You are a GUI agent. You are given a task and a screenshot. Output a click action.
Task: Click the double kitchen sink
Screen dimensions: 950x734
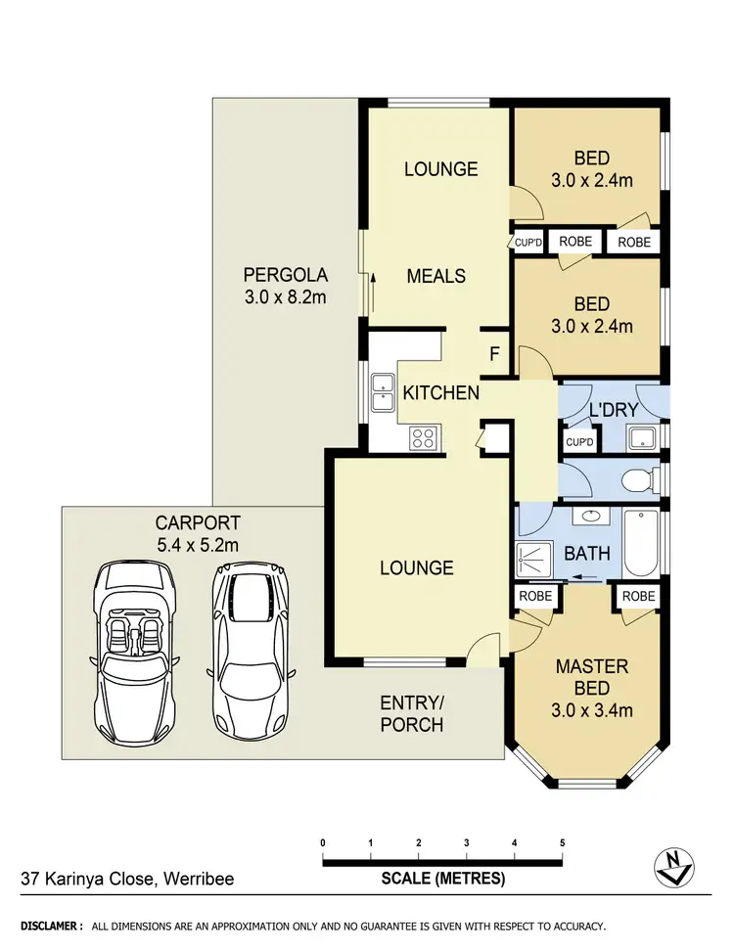[381, 396]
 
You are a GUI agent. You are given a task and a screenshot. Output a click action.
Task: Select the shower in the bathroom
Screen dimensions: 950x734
[535, 553]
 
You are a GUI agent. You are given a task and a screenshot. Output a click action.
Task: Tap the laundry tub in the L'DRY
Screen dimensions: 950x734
[643, 437]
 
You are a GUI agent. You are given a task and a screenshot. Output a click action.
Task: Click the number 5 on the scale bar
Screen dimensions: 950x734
[563, 842]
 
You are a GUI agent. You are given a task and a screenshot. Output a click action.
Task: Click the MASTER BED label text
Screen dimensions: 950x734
[592, 677]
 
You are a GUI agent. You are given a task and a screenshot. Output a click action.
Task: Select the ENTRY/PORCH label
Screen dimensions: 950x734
[411, 713]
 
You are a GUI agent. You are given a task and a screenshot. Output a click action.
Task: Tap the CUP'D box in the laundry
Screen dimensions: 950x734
[579, 443]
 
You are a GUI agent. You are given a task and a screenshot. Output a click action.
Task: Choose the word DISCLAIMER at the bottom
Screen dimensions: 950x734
[52, 926]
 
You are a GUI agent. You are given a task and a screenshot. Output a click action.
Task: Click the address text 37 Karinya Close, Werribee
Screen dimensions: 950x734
[127, 879]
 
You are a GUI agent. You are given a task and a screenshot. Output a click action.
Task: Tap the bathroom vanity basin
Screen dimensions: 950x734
[590, 517]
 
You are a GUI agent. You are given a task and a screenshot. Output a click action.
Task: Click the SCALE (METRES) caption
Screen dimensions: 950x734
[442, 879]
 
